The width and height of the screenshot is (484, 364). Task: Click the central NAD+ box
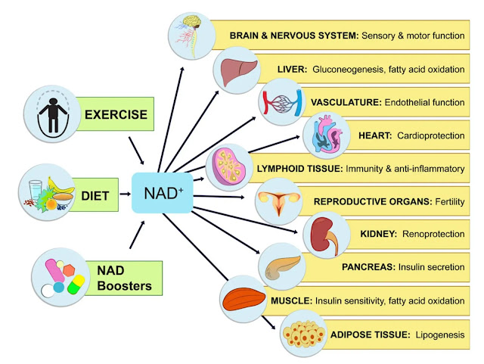tap(161, 194)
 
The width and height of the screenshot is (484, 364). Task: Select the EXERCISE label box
tap(115, 116)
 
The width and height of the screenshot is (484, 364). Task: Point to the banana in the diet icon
tap(60, 187)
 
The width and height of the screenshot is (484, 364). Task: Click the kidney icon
tap(327, 234)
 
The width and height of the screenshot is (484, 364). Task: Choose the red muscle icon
tap(244, 300)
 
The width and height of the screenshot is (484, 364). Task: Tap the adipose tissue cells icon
tap(306, 334)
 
